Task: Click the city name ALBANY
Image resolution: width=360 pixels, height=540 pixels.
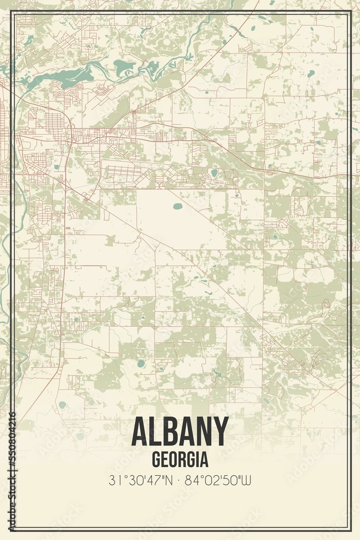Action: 180,432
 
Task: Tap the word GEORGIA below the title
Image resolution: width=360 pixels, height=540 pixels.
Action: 180,460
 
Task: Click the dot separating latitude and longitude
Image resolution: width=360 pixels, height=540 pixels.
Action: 180,479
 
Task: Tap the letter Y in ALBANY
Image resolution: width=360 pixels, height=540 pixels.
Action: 220,432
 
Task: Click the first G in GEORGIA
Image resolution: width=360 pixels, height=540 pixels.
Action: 157,460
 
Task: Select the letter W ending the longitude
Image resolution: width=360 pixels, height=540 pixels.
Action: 248,479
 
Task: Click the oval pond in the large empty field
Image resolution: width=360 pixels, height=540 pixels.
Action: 178,206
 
